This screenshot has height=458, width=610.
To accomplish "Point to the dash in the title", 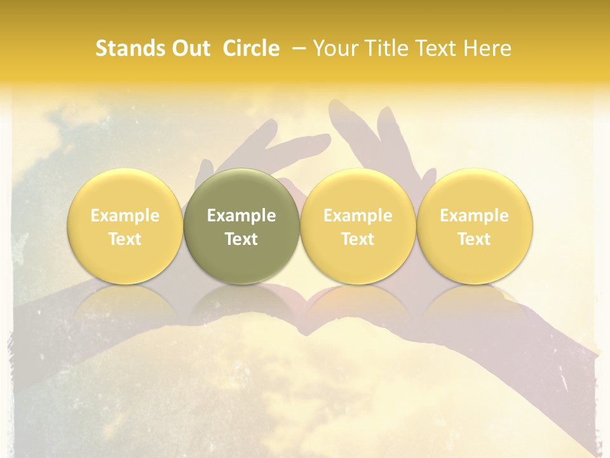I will [299, 48].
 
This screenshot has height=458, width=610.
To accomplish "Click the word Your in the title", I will [335, 48].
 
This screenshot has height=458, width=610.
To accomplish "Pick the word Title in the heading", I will [384, 48].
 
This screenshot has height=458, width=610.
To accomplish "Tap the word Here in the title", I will [486, 48].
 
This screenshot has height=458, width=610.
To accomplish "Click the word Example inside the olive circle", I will [241, 216].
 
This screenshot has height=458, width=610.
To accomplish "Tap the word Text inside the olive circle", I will [241, 239].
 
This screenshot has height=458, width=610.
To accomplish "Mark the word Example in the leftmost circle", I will [125, 216].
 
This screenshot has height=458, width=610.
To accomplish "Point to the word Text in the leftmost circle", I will [125, 239].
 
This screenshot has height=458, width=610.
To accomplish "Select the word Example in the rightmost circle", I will [475, 216].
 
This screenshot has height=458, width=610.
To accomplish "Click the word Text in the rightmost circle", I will [475, 239].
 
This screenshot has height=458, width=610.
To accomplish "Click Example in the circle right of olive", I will [358, 216].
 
